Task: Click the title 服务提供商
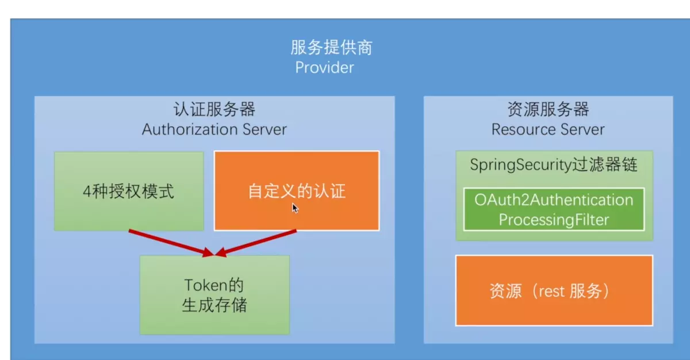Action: coord(331,47)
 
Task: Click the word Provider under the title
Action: coord(324,67)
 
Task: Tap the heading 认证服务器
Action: coord(214,109)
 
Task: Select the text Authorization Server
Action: coord(214,129)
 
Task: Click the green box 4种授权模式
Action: coord(128,191)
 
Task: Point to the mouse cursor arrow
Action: coord(294,207)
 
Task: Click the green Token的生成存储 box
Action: coord(214,294)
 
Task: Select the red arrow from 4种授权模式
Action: coord(169,242)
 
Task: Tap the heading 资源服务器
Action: coord(548,109)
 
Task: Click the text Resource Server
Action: coord(548,129)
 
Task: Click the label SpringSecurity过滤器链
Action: coord(554,164)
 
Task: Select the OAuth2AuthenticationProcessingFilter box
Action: coord(554,209)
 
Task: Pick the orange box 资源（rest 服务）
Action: coord(554,291)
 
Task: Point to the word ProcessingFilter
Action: coord(554,220)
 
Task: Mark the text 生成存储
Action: coord(214,304)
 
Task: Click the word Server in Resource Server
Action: coord(582,129)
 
